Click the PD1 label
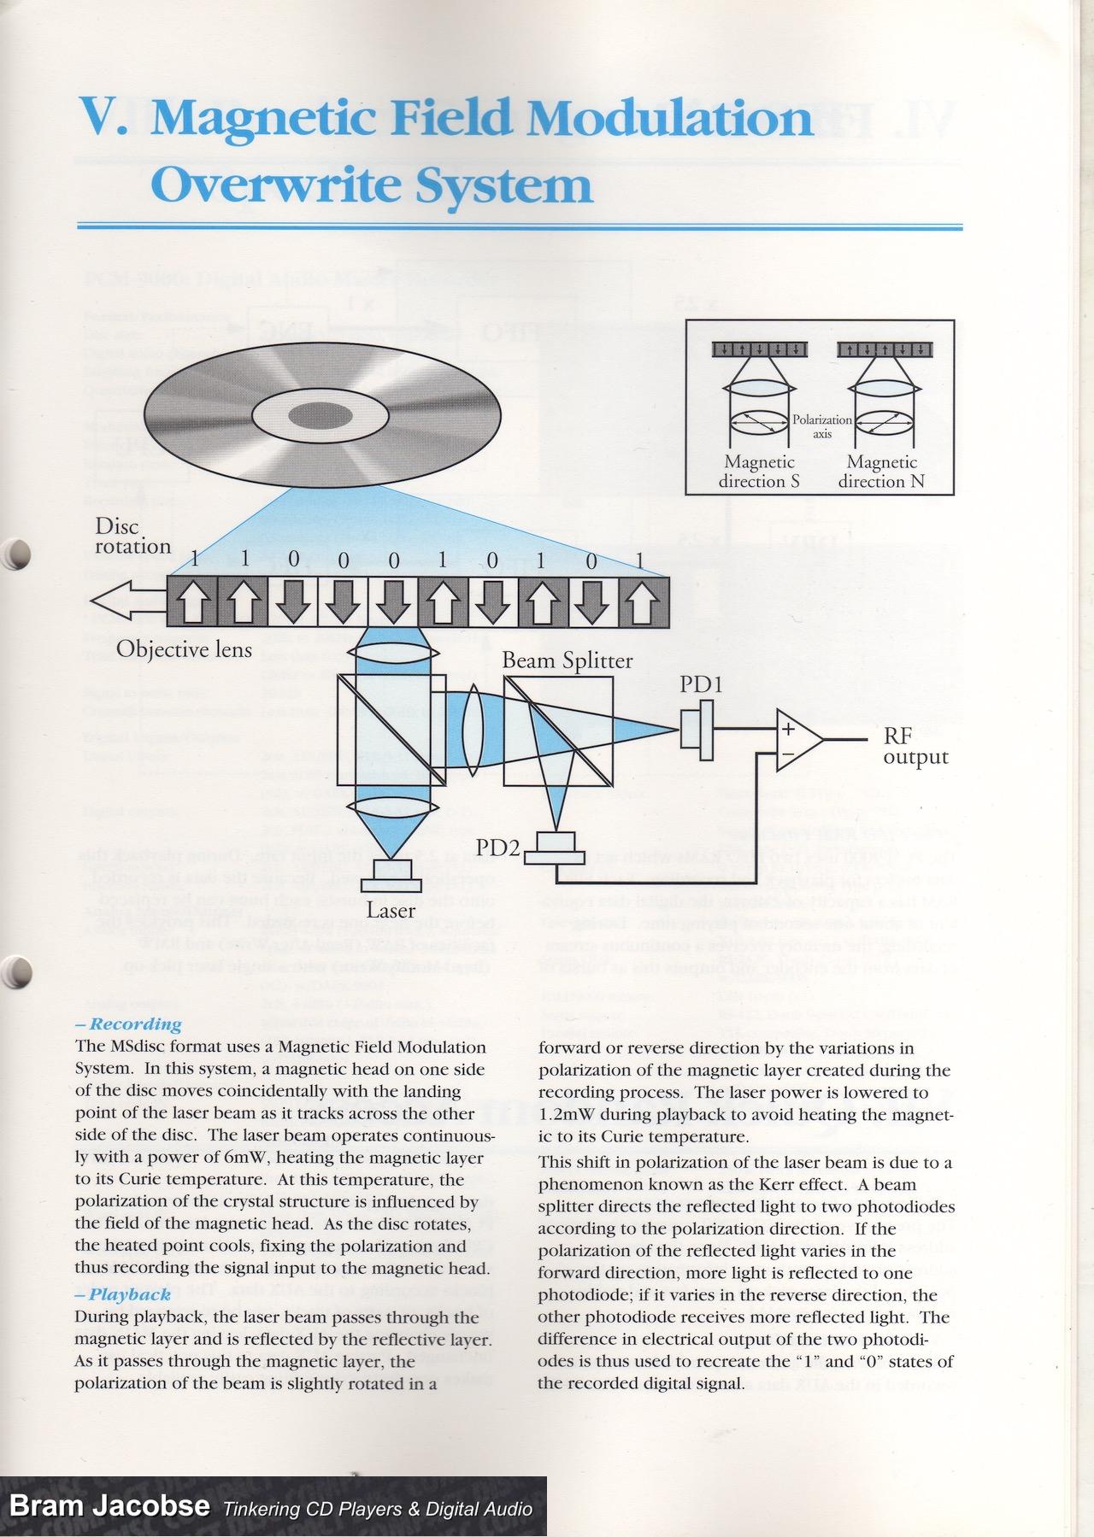point(701,684)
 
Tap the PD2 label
point(497,848)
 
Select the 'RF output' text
point(915,746)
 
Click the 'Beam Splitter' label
point(567,660)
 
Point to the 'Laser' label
point(391,910)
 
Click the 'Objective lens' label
point(184,649)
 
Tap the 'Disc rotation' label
point(132,536)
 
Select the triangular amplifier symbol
point(797,737)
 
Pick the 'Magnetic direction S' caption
point(759,472)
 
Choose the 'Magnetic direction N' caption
point(881,472)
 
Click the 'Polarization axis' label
point(822,426)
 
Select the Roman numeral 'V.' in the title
point(103,117)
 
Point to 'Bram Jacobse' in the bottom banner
point(109,1505)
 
